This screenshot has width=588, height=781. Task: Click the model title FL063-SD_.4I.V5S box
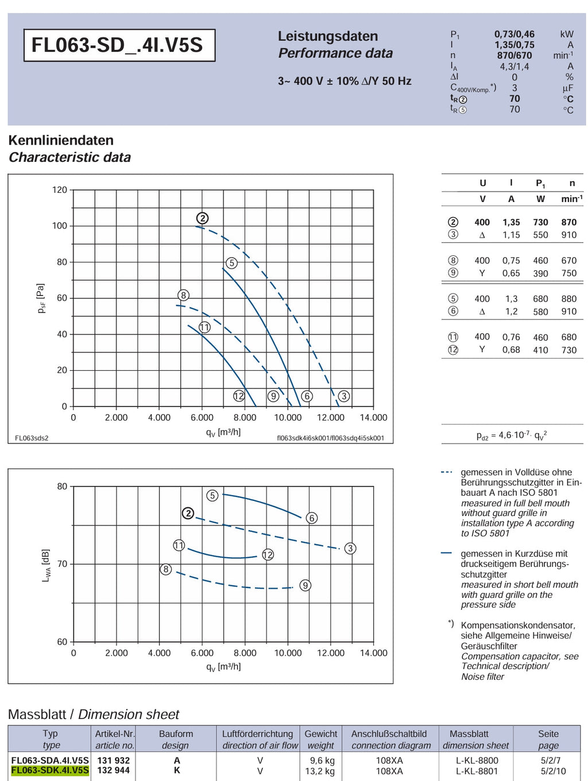click(x=119, y=45)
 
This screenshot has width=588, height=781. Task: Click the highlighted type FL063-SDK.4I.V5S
click(x=50, y=770)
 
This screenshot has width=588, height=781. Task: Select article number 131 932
click(x=114, y=760)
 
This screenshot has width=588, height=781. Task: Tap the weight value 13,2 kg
click(x=320, y=771)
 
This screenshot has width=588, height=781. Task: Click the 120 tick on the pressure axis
click(x=60, y=189)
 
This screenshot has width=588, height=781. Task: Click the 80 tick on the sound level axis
click(x=62, y=486)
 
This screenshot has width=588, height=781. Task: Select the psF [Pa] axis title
click(x=41, y=298)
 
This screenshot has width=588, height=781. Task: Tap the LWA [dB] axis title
click(x=46, y=565)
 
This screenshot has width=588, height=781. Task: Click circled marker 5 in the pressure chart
click(x=232, y=263)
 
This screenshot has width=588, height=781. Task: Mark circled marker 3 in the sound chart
click(x=350, y=548)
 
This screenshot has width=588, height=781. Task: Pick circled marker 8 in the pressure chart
click(x=183, y=295)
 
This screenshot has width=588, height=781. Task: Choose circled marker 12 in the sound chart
click(x=268, y=555)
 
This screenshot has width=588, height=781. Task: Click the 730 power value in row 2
click(x=540, y=223)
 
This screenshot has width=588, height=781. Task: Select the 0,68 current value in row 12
click(x=511, y=350)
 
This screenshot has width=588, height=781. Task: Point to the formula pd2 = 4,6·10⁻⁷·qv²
click(x=512, y=435)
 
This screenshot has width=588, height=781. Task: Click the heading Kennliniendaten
click(x=61, y=140)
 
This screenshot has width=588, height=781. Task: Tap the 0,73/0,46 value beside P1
click(x=514, y=34)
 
